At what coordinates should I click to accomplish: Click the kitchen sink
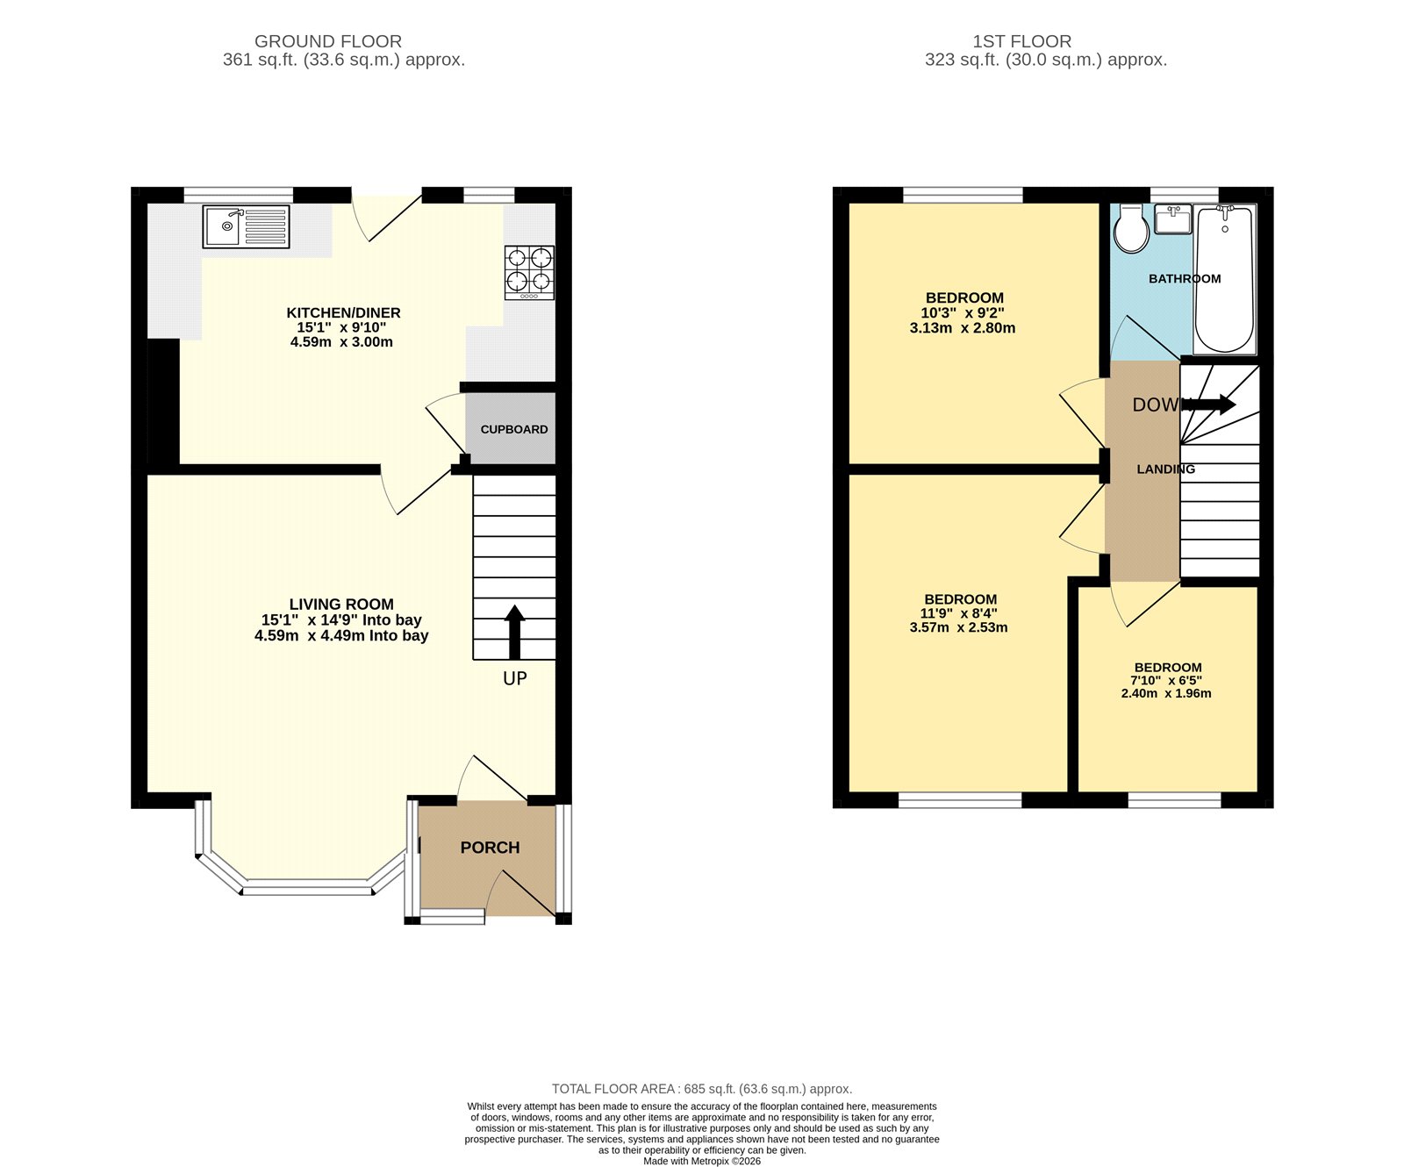(x=246, y=226)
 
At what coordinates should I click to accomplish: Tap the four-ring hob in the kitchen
(x=529, y=271)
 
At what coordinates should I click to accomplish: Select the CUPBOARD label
(x=514, y=429)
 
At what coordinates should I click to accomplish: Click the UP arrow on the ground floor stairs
(x=514, y=631)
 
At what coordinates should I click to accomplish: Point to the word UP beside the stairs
(x=514, y=678)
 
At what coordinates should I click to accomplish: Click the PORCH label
(x=490, y=847)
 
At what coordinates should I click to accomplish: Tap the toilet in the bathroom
(x=1132, y=231)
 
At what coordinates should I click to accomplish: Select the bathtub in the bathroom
(x=1224, y=278)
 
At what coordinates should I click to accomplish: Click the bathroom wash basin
(x=1172, y=219)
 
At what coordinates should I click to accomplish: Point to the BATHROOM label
(x=1185, y=278)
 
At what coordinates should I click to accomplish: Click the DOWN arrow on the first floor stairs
(x=1211, y=405)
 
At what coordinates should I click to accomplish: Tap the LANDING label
(x=1165, y=469)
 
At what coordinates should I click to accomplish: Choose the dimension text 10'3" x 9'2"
(x=963, y=312)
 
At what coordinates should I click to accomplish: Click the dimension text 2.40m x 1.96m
(x=1166, y=693)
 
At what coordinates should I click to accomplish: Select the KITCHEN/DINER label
(x=343, y=312)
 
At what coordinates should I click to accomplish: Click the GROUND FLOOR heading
(x=328, y=41)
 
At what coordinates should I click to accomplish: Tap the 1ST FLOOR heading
(x=1021, y=41)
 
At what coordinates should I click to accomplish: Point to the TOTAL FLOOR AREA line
(x=702, y=1088)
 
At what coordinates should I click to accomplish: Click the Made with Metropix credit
(x=702, y=1161)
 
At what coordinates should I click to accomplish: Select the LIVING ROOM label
(x=341, y=604)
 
